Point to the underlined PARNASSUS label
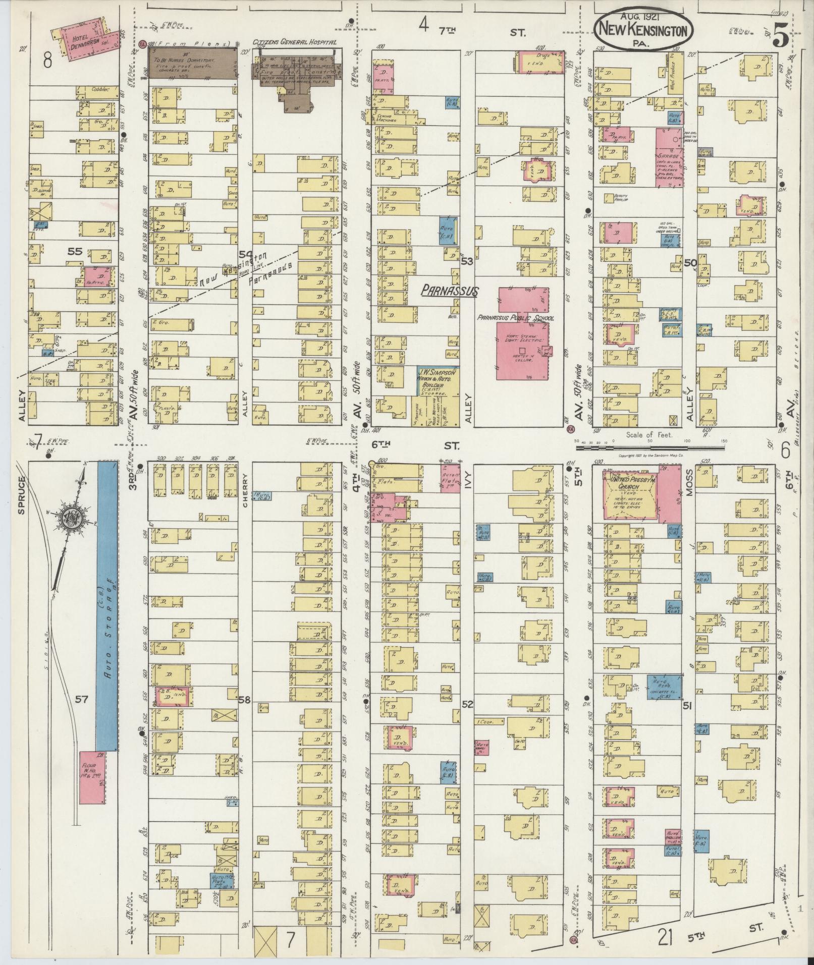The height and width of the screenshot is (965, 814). (x=449, y=292)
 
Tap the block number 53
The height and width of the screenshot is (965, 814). (x=467, y=261)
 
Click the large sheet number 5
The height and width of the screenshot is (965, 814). (x=780, y=35)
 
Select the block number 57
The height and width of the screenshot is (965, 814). (x=82, y=699)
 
